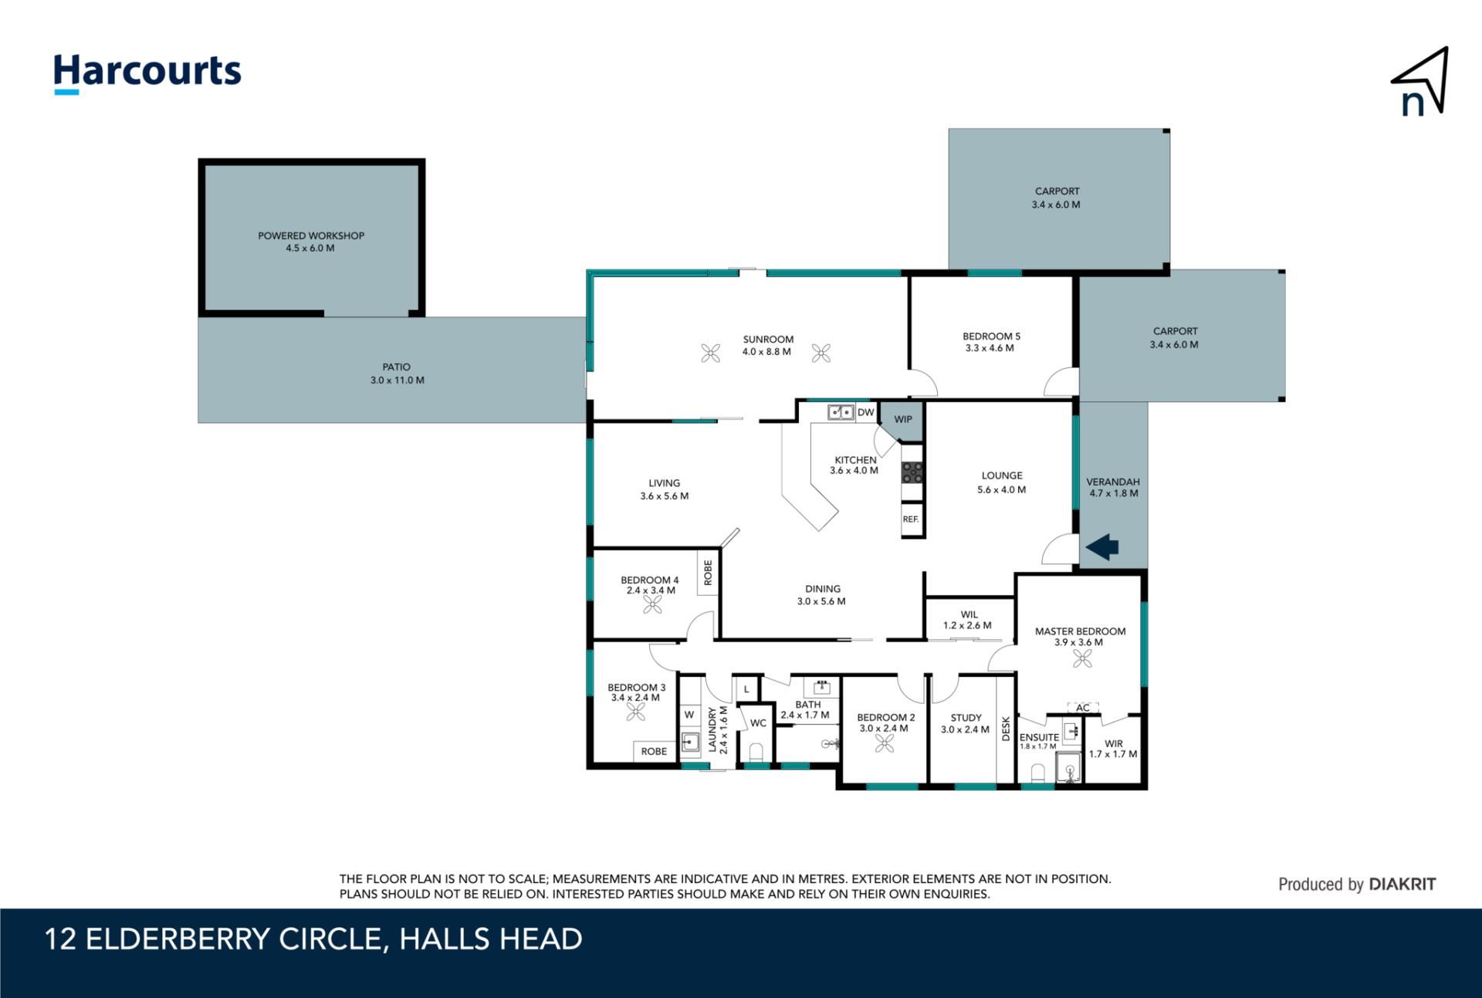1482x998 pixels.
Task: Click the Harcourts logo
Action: [147, 74]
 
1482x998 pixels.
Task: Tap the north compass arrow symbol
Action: [1421, 82]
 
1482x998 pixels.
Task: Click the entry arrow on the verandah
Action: [1102, 546]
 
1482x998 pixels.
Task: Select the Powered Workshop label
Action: [311, 242]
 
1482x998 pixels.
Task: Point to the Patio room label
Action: [397, 374]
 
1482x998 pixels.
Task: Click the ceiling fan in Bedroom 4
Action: [652, 605]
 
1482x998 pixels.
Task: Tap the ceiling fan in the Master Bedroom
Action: [1082, 658]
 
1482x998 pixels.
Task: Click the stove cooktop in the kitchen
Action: [912, 472]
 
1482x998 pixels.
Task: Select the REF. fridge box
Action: [912, 519]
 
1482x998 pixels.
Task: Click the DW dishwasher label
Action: [866, 412]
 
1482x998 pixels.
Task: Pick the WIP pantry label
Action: [903, 419]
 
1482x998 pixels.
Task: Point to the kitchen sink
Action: [841, 412]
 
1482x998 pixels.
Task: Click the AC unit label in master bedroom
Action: [1083, 708]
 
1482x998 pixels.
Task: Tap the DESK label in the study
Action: [1006, 729]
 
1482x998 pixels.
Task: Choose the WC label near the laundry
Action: [759, 723]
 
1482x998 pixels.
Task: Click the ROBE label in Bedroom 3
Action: [654, 751]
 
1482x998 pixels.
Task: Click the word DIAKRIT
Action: [1402, 885]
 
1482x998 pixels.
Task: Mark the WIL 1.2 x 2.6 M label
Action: [968, 620]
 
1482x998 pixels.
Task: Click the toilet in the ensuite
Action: [1038, 773]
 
